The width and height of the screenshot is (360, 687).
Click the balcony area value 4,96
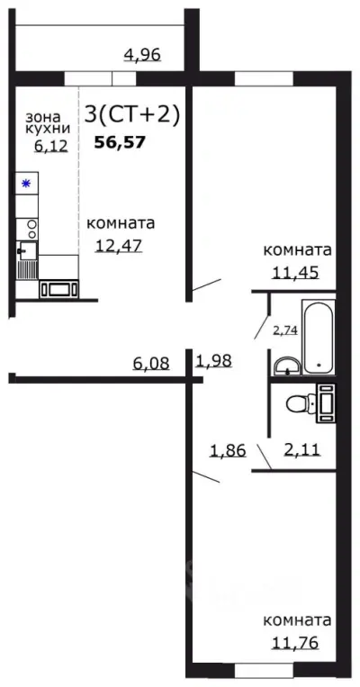142,55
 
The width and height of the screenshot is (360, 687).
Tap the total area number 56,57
121,141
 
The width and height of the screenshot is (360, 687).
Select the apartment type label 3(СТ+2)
132,114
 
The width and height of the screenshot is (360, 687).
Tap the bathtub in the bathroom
318,339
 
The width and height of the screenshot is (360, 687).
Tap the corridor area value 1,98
214,362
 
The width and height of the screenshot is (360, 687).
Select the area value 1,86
228,449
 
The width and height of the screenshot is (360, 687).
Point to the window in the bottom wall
265,670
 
